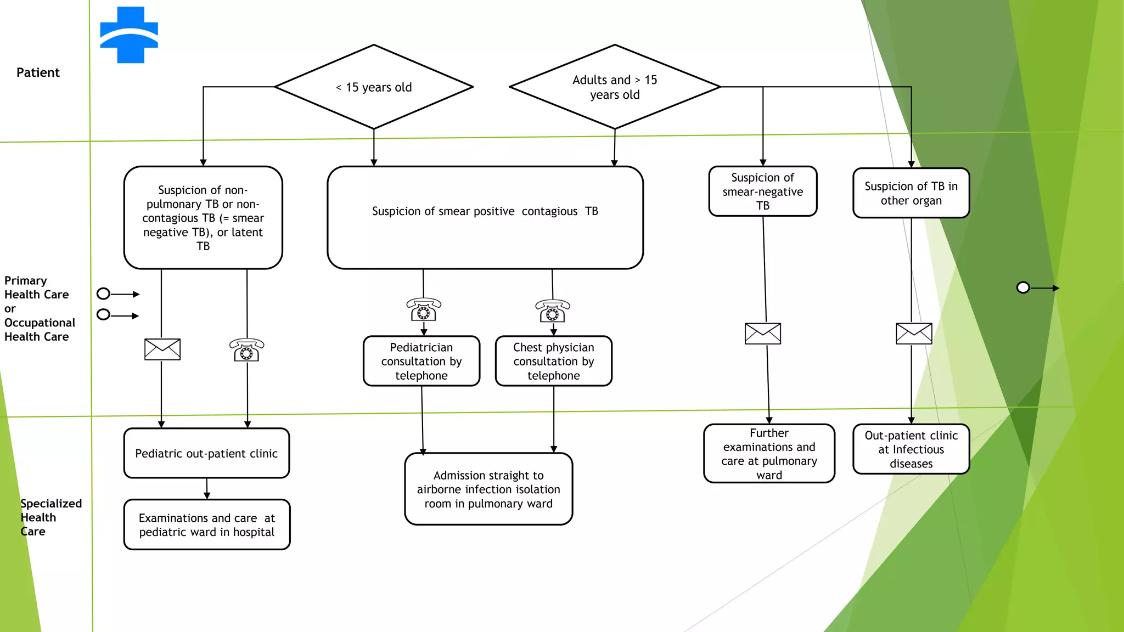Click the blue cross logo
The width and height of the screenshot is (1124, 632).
tap(130, 35)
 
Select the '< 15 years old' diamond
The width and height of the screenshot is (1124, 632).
tap(374, 87)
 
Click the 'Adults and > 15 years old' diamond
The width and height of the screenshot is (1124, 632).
tap(615, 87)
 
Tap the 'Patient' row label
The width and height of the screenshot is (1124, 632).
tap(38, 72)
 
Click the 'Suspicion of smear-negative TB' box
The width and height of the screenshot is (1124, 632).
tap(762, 191)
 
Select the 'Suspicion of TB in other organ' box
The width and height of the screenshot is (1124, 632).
tap(911, 193)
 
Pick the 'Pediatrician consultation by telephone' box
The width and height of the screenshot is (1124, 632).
tap(421, 361)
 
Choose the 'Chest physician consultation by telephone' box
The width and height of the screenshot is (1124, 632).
tap(553, 361)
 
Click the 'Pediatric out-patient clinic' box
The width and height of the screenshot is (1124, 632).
tap(206, 453)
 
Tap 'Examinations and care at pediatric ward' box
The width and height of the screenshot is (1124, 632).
tap(207, 524)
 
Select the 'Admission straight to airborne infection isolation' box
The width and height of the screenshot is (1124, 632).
tap(488, 489)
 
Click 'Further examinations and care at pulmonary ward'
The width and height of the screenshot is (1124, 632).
tap(769, 454)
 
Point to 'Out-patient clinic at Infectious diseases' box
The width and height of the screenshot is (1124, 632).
tap(911, 449)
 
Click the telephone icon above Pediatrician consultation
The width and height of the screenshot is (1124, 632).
tap(424, 310)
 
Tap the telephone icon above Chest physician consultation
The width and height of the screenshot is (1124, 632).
tap(553, 311)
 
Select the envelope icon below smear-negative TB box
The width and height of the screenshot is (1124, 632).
tap(763, 334)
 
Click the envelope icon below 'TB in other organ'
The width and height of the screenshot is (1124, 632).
tap(914, 334)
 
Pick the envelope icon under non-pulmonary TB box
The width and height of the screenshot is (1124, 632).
tap(162, 349)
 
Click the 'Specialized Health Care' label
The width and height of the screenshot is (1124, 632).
tap(50, 517)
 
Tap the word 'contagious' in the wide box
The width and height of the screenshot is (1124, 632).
tap(549, 211)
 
